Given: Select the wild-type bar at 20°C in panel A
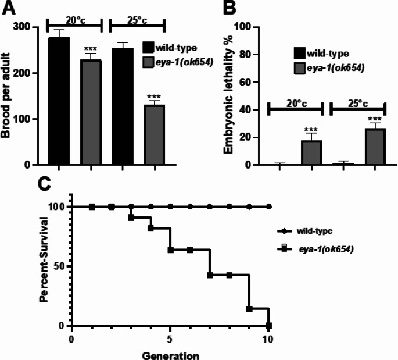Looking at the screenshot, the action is [x=59, y=101].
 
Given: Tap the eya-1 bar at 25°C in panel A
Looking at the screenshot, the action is [x=155, y=135].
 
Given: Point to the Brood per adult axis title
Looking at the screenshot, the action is [x=6, y=95].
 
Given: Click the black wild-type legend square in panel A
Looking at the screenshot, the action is [x=148, y=48].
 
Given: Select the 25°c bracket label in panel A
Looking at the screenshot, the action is [x=137, y=20].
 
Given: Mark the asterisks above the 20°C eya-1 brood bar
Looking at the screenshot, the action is [x=91, y=48].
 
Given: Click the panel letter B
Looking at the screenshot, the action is [x=229, y=8].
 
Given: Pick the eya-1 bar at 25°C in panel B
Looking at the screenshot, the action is [x=375, y=147].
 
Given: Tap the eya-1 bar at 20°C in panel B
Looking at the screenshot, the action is [x=311, y=153].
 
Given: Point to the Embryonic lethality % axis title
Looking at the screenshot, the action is [x=228, y=95].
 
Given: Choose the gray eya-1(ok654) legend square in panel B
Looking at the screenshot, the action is [x=300, y=68].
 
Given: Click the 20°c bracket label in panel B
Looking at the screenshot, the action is [x=297, y=104].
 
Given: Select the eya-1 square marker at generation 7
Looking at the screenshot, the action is [x=210, y=275].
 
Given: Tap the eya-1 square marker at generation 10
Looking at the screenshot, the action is [x=268, y=326].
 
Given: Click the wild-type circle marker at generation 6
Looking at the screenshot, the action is [x=190, y=207].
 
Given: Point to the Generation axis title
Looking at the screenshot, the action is [x=171, y=355].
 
